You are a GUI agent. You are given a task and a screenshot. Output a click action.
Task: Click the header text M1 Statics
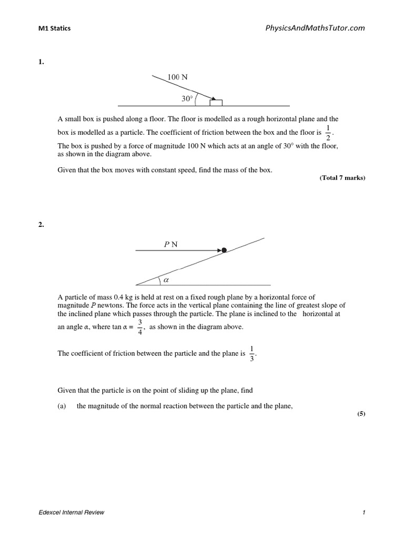(54, 28)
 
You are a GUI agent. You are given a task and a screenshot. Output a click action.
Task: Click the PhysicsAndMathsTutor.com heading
(315, 28)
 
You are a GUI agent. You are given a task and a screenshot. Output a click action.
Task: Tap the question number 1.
(41, 62)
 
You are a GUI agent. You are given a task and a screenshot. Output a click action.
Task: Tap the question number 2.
(41, 225)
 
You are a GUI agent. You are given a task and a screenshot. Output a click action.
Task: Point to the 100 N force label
(177, 77)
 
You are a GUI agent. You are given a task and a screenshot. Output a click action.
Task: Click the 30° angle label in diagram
(188, 98)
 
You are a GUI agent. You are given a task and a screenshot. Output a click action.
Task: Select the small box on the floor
(216, 102)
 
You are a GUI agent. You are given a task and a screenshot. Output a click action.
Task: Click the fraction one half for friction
(328, 133)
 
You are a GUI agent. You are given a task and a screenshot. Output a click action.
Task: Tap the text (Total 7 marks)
(342, 178)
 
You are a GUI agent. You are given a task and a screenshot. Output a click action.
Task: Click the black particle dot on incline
(224, 250)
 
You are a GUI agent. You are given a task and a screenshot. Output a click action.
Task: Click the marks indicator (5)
(361, 414)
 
